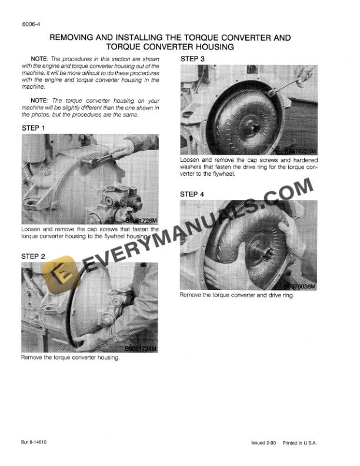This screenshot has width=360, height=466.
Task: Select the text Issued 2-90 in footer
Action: coord(261,442)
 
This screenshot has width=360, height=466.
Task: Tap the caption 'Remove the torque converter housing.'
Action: coord(70,357)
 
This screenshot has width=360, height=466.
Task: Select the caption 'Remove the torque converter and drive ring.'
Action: coord(236,295)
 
